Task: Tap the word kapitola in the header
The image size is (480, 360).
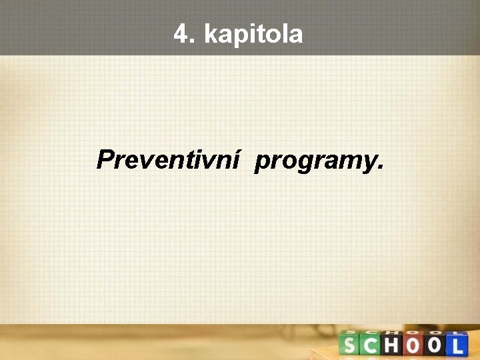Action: tap(253, 35)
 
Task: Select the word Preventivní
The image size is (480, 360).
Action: tap(167, 160)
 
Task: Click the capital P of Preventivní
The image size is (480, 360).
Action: tap(105, 160)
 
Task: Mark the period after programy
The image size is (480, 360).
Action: tap(380, 167)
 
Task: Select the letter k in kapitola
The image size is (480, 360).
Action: tap(211, 34)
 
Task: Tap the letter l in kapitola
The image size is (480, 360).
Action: tap(281, 34)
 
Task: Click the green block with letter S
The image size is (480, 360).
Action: tap(350, 345)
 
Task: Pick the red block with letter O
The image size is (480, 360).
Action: tap(415, 345)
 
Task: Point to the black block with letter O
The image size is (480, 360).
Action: tap(435, 345)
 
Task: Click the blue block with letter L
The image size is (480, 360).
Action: tap(457, 345)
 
